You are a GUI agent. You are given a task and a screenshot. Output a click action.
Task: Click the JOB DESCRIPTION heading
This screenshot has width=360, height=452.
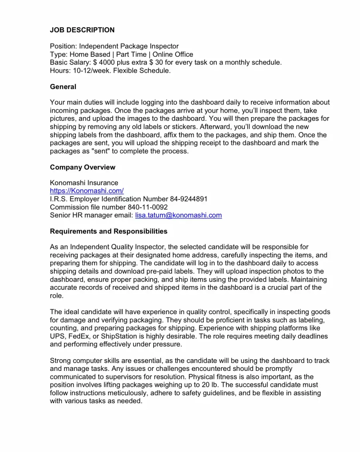[x=82, y=30]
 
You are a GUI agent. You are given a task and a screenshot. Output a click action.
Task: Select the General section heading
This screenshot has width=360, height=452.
[x=63, y=87]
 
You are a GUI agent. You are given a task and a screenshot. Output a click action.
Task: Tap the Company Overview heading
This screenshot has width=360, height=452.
[x=82, y=167]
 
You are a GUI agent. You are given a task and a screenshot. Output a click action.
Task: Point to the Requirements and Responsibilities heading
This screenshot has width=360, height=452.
[x=108, y=232]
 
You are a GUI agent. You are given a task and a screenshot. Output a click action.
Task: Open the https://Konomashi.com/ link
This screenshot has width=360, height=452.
[x=86, y=191]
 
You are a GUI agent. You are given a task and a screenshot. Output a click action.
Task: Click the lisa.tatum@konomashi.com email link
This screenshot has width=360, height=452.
[x=178, y=215]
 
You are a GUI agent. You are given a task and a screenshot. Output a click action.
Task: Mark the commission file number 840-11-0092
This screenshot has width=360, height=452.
[x=148, y=207]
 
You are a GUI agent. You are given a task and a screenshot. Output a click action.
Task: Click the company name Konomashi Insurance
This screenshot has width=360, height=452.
[x=84, y=183]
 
